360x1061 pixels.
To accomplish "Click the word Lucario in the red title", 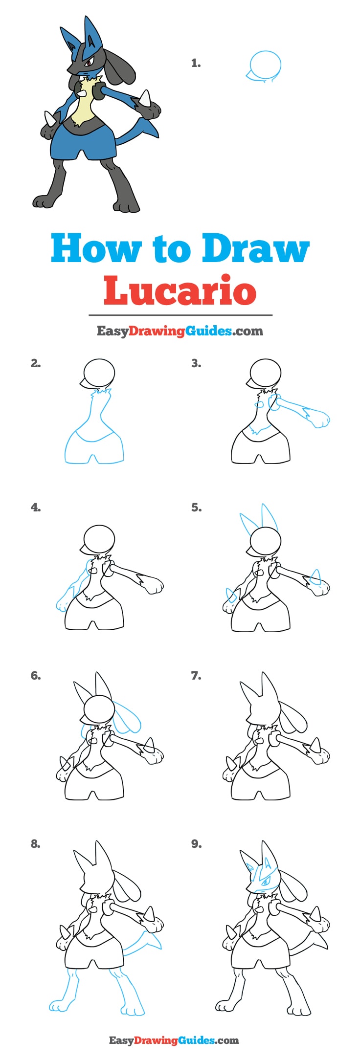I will pyautogui.click(x=180, y=290).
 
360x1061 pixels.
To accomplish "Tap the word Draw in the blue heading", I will pyautogui.click(x=255, y=249).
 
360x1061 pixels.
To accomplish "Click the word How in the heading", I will pyautogui.click(x=96, y=249).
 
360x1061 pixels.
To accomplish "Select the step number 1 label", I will pyautogui.click(x=196, y=63).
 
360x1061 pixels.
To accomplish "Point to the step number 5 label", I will pyautogui.click(x=196, y=508).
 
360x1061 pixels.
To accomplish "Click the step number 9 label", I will pyautogui.click(x=196, y=844).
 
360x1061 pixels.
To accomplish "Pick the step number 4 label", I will pyautogui.click(x=36, y=508).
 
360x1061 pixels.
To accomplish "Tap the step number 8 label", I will pyautogui.click(x=36, y=844).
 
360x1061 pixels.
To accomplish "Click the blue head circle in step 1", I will pyautogui.click(x=266, y=65).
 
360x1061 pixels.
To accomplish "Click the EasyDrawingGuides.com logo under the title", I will pyautogui.click(x=180, y=331).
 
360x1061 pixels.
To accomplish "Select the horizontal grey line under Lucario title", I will pyautogui.click(x=180, y=315).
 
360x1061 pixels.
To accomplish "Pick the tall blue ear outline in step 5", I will pyautogui.click(x=269, y=518).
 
